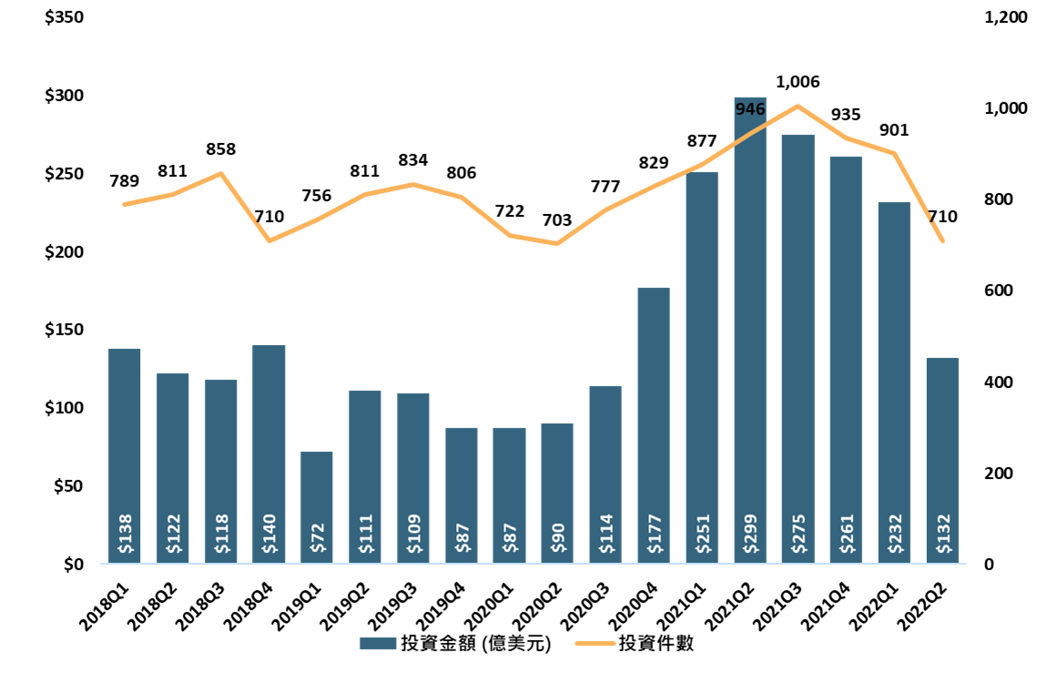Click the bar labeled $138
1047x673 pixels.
pyautogui.click(x=124, y=437)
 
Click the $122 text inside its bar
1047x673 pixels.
pyautogui.click(x=173, y=535)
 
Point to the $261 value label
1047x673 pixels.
pyautogui.click(x=846, y=535)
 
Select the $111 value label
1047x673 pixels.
pyautogui.click(x=365, y=535)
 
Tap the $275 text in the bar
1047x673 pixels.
pyautogui.click(x=798, y=535)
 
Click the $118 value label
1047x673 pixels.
pyautogui.click(x=221, y=535)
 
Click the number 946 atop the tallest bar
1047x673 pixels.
pyautogui.click(x=750, y=109)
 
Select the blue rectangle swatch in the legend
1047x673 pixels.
pyautogui.click(x=378, y=643)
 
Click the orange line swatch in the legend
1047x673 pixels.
pyautogui.click(x=595, y=643)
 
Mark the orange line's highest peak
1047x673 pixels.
pyautogui.click(x=798, y=106)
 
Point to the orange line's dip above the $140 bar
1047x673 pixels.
pyautogui.click(x=269, y=240)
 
